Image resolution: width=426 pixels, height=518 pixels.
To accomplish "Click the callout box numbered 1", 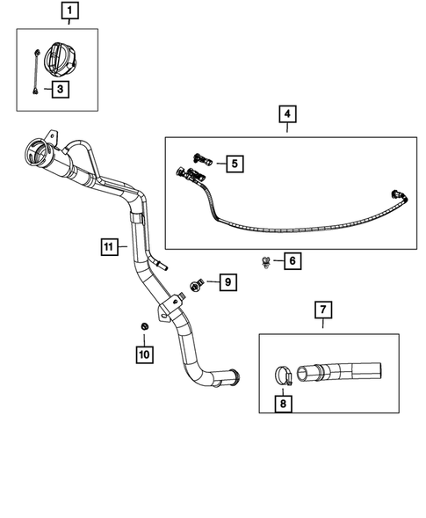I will click(69, 12).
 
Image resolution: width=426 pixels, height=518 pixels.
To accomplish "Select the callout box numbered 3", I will click(60, 88).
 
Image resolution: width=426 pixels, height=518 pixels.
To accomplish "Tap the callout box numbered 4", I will click(287, 114).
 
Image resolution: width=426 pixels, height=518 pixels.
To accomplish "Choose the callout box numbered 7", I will click(322, 309).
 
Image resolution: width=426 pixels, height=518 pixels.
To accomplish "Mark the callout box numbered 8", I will click(283, 404).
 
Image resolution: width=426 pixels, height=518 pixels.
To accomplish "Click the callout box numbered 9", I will click(227, 282).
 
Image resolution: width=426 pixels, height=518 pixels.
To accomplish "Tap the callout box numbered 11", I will click(107, 248).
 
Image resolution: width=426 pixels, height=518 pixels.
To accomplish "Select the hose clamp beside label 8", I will click(280, 375).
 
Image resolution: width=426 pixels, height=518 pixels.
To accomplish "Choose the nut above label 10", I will click(143, 328).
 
